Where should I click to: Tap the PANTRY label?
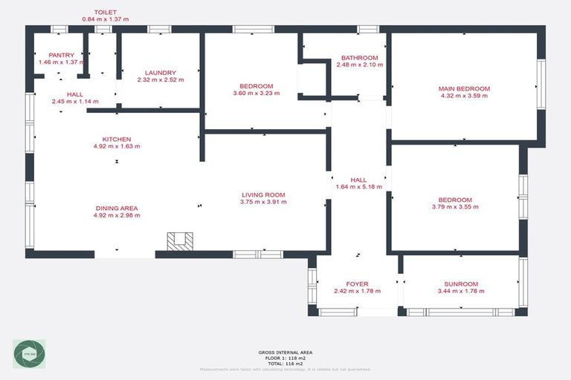62,55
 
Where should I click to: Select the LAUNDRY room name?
160,73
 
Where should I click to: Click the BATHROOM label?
359,58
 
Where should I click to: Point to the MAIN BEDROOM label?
464,88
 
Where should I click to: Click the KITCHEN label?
117,139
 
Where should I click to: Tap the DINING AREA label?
117,208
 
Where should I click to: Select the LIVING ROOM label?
263,195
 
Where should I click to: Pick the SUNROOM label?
461,284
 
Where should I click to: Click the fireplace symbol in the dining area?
180,241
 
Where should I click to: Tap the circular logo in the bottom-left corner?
29,355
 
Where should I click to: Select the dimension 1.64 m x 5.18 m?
358,187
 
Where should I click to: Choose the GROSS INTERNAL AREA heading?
285,352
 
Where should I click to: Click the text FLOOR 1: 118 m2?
285,358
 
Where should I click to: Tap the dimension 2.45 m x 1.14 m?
75,101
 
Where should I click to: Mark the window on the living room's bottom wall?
258,255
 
